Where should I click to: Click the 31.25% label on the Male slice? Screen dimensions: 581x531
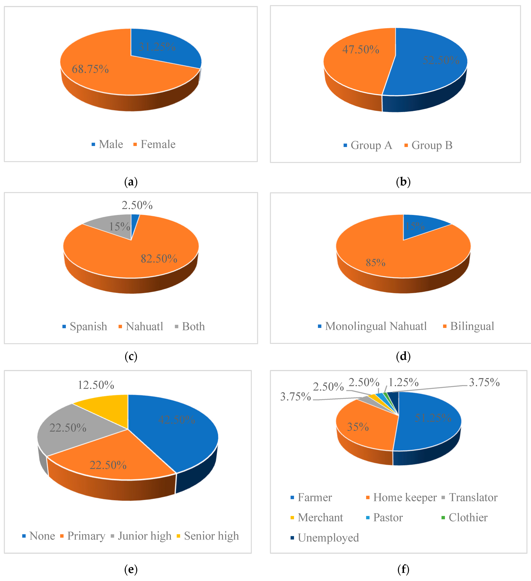click(157, 47)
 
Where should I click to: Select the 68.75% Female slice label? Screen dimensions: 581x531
click(90, 69)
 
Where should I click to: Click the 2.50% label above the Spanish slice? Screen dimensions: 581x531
click(137, 205)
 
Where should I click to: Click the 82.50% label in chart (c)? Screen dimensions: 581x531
click(159, 258)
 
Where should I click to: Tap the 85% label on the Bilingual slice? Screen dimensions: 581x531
click(375, 262)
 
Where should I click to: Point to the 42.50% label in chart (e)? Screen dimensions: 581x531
click(177, 419)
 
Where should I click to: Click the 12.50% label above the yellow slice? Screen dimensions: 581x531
click(96, 385)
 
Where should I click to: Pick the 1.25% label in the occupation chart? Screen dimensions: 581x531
click(403, 382)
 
